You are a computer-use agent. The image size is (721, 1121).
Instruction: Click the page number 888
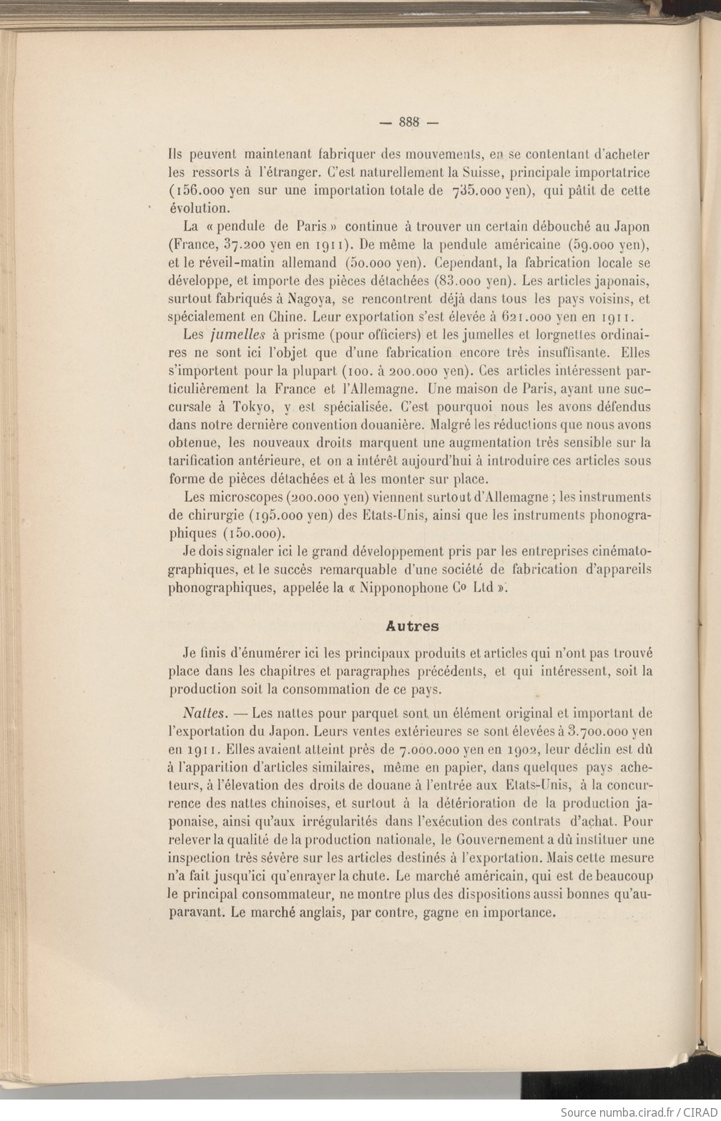pos(409,122)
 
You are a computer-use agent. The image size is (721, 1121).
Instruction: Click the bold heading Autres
pos(412,626)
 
